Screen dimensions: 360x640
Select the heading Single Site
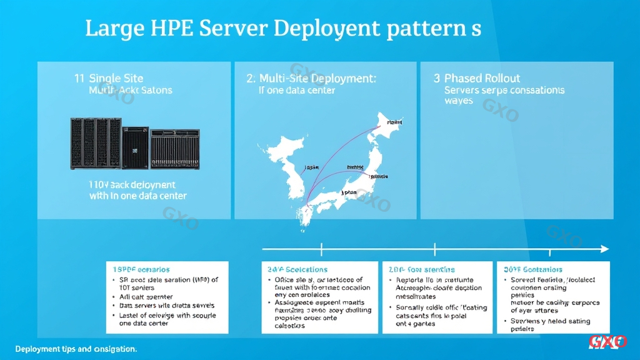click(x=116, y=79)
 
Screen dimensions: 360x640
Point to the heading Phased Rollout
click(x=482, y=79)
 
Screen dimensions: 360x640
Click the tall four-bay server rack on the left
click(x=94, y=143)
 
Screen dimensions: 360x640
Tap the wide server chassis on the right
click(x=175, y=148)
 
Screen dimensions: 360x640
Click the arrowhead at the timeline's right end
click(x=604, y=249)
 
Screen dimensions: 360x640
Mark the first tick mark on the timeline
click(x=321, y=249)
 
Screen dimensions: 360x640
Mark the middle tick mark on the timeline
click(x=436, y=249)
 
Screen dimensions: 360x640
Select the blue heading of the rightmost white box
click(x=532, y=269)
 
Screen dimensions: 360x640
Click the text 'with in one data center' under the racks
click(x=137, y=196)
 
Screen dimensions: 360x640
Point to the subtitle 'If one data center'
click(x=296, y=91)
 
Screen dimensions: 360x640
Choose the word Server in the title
click(x=233, y=29)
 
